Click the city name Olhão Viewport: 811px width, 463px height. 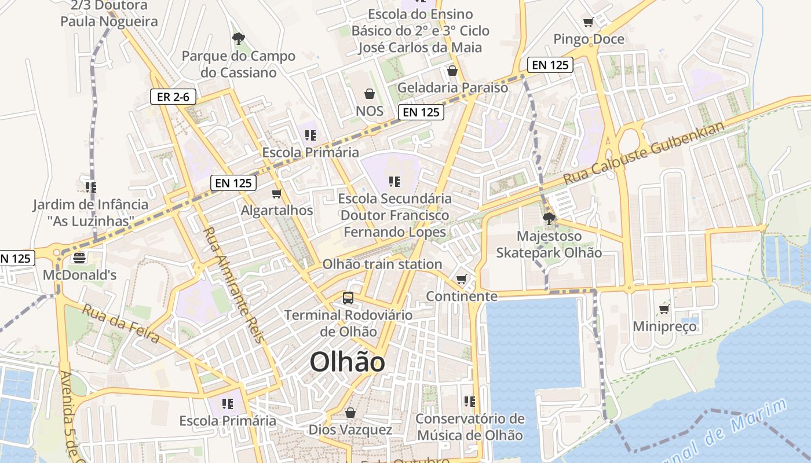[x=347, y=363]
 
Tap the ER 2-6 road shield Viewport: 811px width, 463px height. [x=173, y=97]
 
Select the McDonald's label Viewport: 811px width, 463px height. [x=79, y=275]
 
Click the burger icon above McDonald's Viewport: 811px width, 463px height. [x=79, y=258]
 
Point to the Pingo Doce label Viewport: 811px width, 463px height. [x=589, y=39]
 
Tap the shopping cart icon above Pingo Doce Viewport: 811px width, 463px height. [x=589, y=23]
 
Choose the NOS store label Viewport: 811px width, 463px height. [x=370, y=111]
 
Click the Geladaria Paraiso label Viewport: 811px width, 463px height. [x=452, y=88]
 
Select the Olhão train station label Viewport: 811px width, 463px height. [x=382, y=264]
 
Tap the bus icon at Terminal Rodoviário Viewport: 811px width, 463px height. [x=348, y=298]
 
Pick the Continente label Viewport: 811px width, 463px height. [x=462, y=296]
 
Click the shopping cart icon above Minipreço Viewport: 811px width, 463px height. [x=664, y=310]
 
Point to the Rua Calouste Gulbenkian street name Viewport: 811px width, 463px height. [x=644, y=153]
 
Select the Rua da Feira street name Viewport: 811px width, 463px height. [x=120, y=323]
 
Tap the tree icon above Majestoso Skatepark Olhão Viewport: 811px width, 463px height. [x=549, y=219]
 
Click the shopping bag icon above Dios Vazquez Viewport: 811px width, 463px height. [x=350, y=413]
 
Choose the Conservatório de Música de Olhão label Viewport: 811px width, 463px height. [x=470, y=427]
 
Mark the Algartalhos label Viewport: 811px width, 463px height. [x=277, y=210]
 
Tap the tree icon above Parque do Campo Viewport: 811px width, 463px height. [x=238, y=39]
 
